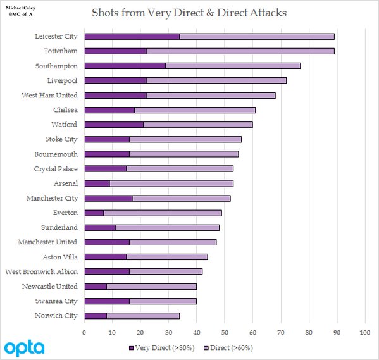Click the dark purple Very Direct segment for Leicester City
click(132, 37)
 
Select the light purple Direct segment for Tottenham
click(240, 51)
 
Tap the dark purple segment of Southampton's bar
click(125, 66)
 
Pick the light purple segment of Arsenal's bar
click(171, 183)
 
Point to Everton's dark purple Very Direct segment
click(94, 213)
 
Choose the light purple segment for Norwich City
click(143, 316)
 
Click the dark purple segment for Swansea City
click(107, 301)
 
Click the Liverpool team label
click(63, 81)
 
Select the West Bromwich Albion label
click(42, 271)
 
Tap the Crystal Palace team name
click(56, 169)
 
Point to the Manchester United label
click(47, 242)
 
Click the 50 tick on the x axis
click(225, 333)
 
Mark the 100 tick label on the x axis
click(365, 333)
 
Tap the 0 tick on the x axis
click(84, 333)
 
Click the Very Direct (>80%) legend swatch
click(131, 348)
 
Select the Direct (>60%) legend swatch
click(206, 348)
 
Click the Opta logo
click(24, 348)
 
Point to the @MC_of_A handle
click(20, 15)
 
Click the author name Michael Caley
click(20, 8)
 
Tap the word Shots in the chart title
click(106, 13)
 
